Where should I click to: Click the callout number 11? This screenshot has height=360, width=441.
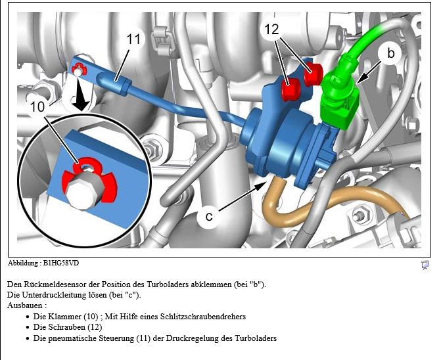click(134, 39)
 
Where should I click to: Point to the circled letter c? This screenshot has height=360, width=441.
click(207, 216)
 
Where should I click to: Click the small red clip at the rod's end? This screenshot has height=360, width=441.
click(78, 68)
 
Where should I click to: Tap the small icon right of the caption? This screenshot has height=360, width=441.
click(425, 265)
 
